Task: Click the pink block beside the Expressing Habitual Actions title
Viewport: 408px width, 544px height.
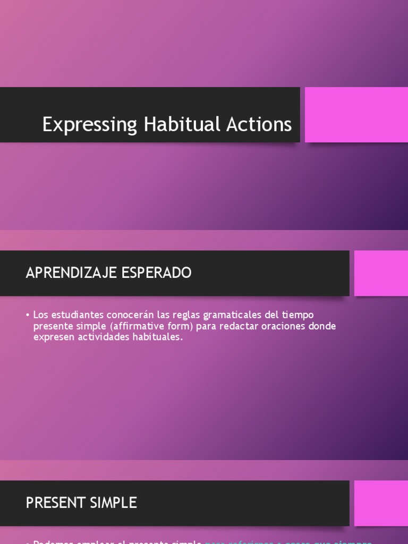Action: click(x=356, y=115)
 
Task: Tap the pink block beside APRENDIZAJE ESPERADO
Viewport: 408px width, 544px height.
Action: click(x=380, y=273)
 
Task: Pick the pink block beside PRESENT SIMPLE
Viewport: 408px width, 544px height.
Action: click(x=380, y=503)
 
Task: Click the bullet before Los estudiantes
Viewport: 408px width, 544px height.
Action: click(x=28, y=315)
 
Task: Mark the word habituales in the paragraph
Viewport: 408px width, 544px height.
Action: click(x=155, y=337)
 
